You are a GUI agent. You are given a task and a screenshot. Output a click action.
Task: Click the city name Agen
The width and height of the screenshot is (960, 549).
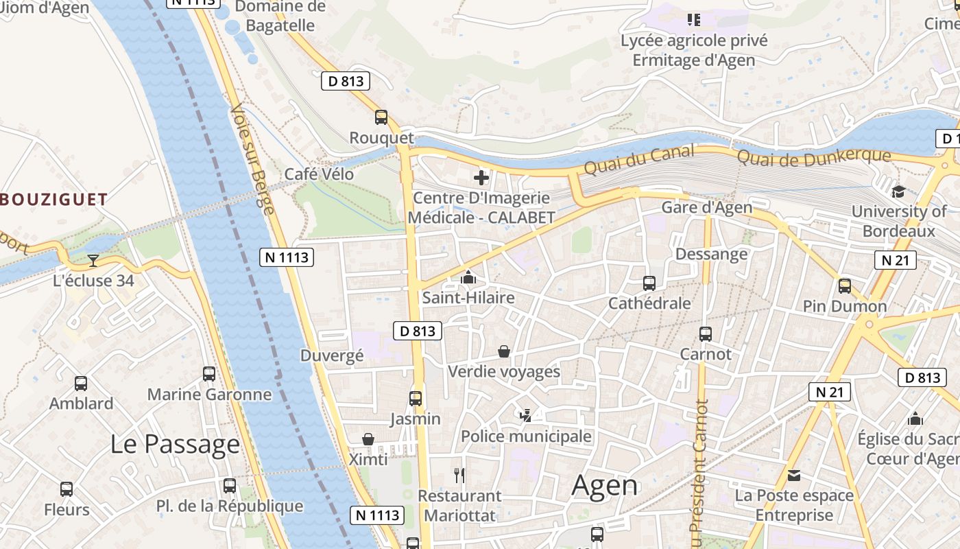[605, 486]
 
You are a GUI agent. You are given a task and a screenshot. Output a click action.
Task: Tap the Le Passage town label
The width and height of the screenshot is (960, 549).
[175, 444]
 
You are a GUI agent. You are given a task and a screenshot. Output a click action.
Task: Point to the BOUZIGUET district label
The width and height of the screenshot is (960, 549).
[53, 200]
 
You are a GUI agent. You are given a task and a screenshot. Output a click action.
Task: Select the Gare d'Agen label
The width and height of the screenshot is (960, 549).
[706, 207]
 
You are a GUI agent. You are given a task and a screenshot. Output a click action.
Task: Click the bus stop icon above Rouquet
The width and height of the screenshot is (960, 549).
[381, 117]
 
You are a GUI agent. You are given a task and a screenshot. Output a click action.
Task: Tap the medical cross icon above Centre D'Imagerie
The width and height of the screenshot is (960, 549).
[481, 178]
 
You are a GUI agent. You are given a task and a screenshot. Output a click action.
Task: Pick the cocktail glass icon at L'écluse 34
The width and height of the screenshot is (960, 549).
[93, 261]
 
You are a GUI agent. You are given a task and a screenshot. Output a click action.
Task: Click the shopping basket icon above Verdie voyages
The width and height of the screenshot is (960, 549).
[504, 351]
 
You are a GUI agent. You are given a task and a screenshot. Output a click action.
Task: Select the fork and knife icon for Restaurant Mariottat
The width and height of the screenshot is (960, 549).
[459, 475]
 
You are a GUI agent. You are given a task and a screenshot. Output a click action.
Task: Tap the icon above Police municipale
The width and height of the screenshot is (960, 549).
[525, 415]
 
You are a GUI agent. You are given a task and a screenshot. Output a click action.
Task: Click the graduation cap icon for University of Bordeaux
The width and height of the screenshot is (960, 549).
[898, 191]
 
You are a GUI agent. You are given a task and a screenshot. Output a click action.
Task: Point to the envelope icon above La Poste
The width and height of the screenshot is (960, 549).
[794, 475]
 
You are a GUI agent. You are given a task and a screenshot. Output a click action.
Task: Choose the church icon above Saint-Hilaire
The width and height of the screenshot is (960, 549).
[468, 277]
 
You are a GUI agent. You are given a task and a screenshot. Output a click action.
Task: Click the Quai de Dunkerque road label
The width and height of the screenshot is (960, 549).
[813, 157]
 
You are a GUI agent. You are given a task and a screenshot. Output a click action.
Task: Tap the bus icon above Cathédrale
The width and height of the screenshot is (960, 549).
[649, 283]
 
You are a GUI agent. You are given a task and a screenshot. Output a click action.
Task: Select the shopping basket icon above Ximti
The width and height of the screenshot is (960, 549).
[368, 439]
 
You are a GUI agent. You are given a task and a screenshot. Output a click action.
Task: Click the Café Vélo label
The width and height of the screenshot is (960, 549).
[319, 174]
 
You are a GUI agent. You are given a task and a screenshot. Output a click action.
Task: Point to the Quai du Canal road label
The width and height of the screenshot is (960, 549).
[639, 160]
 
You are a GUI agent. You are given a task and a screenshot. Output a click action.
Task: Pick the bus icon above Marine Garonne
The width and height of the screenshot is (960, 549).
[209, 374]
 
